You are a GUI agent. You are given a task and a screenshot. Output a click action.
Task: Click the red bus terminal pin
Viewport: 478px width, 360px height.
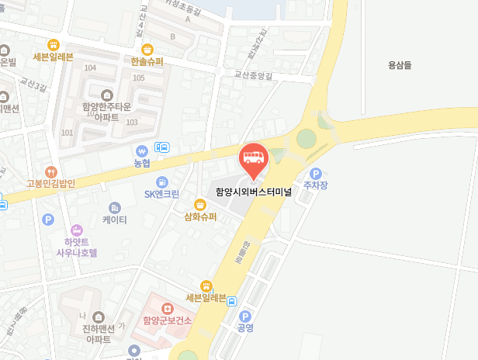(x=253, y=158)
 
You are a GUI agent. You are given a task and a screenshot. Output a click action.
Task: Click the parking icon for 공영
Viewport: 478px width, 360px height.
(x=245, y=316)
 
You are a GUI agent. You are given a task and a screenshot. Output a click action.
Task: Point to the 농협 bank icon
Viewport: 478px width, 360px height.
(x=142, y=151)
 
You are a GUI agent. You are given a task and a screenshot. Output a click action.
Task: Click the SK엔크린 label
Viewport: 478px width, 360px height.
(x=161, y=194)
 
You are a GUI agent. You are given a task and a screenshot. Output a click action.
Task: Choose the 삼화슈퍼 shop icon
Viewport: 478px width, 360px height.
(x=200, y=204)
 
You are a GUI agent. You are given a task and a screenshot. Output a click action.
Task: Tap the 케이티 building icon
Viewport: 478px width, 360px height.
(x=115, y=207)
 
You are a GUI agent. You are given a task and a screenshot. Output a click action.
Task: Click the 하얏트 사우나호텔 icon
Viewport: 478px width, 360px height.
(x=77, y=230)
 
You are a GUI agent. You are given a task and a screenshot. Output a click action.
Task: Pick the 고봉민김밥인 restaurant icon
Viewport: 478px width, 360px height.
(x=51, y=171)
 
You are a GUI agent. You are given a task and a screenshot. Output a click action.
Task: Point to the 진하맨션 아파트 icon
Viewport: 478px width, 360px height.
(x=99, y=317)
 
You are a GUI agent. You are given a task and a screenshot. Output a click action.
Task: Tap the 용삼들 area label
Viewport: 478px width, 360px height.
(x=402, y=66)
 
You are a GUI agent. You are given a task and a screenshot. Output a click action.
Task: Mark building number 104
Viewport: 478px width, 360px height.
(x=90, y=68)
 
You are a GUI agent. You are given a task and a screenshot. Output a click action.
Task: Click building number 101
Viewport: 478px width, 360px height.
(x=67, y=133)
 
